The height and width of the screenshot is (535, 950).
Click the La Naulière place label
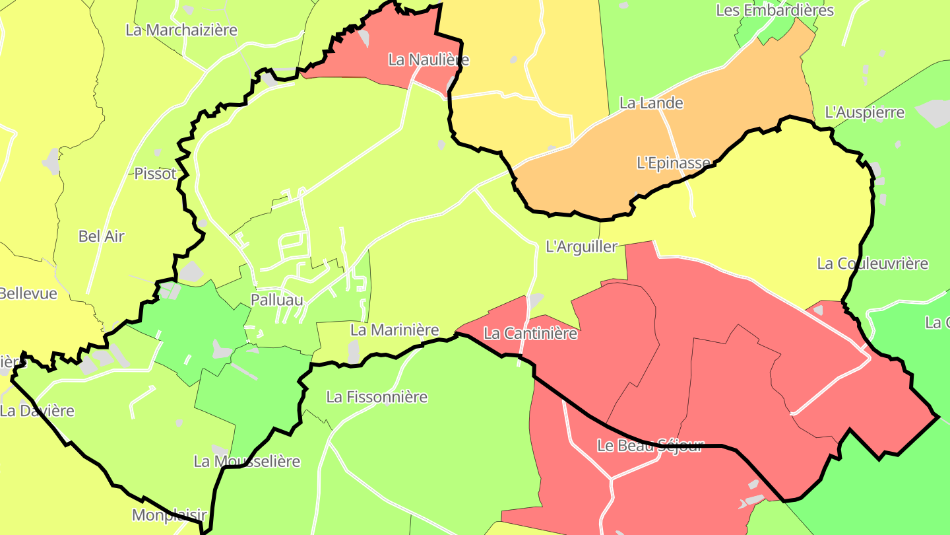pyautogui.click(x=428, y=59)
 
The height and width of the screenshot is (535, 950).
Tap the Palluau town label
pyautogui.click(x=277, y=300)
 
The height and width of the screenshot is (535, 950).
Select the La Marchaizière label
pyautogui.click(x=181, y=30)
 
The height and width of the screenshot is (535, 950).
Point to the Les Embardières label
pyautogui.click(x=775, y=11)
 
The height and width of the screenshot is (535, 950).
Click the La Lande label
pyautogui.click(x=651, y=103)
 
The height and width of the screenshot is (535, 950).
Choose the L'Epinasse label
pyautogui.click(x=674, y=162)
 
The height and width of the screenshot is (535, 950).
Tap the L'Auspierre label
pyautogui.click(x=865, y=112)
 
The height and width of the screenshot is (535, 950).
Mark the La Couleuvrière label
pyautogui.click(x=872, y=264)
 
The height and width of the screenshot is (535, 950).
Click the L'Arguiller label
pyautogui.click(x=581, y=247)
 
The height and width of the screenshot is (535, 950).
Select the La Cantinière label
pyautogui.click(x=530, y=334)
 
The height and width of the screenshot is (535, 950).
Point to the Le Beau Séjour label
pyautogui.click(x=650, y=445)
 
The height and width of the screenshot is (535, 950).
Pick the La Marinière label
pyautogui.click(x=395, y=330)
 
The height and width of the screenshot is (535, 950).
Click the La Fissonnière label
pyautogui.click(x=377, y=397)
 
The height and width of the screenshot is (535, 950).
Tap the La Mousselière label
pyautogui.click(x=247, y=461)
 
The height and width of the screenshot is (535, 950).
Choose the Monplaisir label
pyautogui.click(x=170, y=515)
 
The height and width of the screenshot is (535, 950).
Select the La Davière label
pyautogui.click(x=37, y=411)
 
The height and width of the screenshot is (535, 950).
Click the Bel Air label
pyautogui.click(x=101, y=236)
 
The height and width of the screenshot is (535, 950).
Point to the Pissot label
pyautogui.click(x=156, y=174)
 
